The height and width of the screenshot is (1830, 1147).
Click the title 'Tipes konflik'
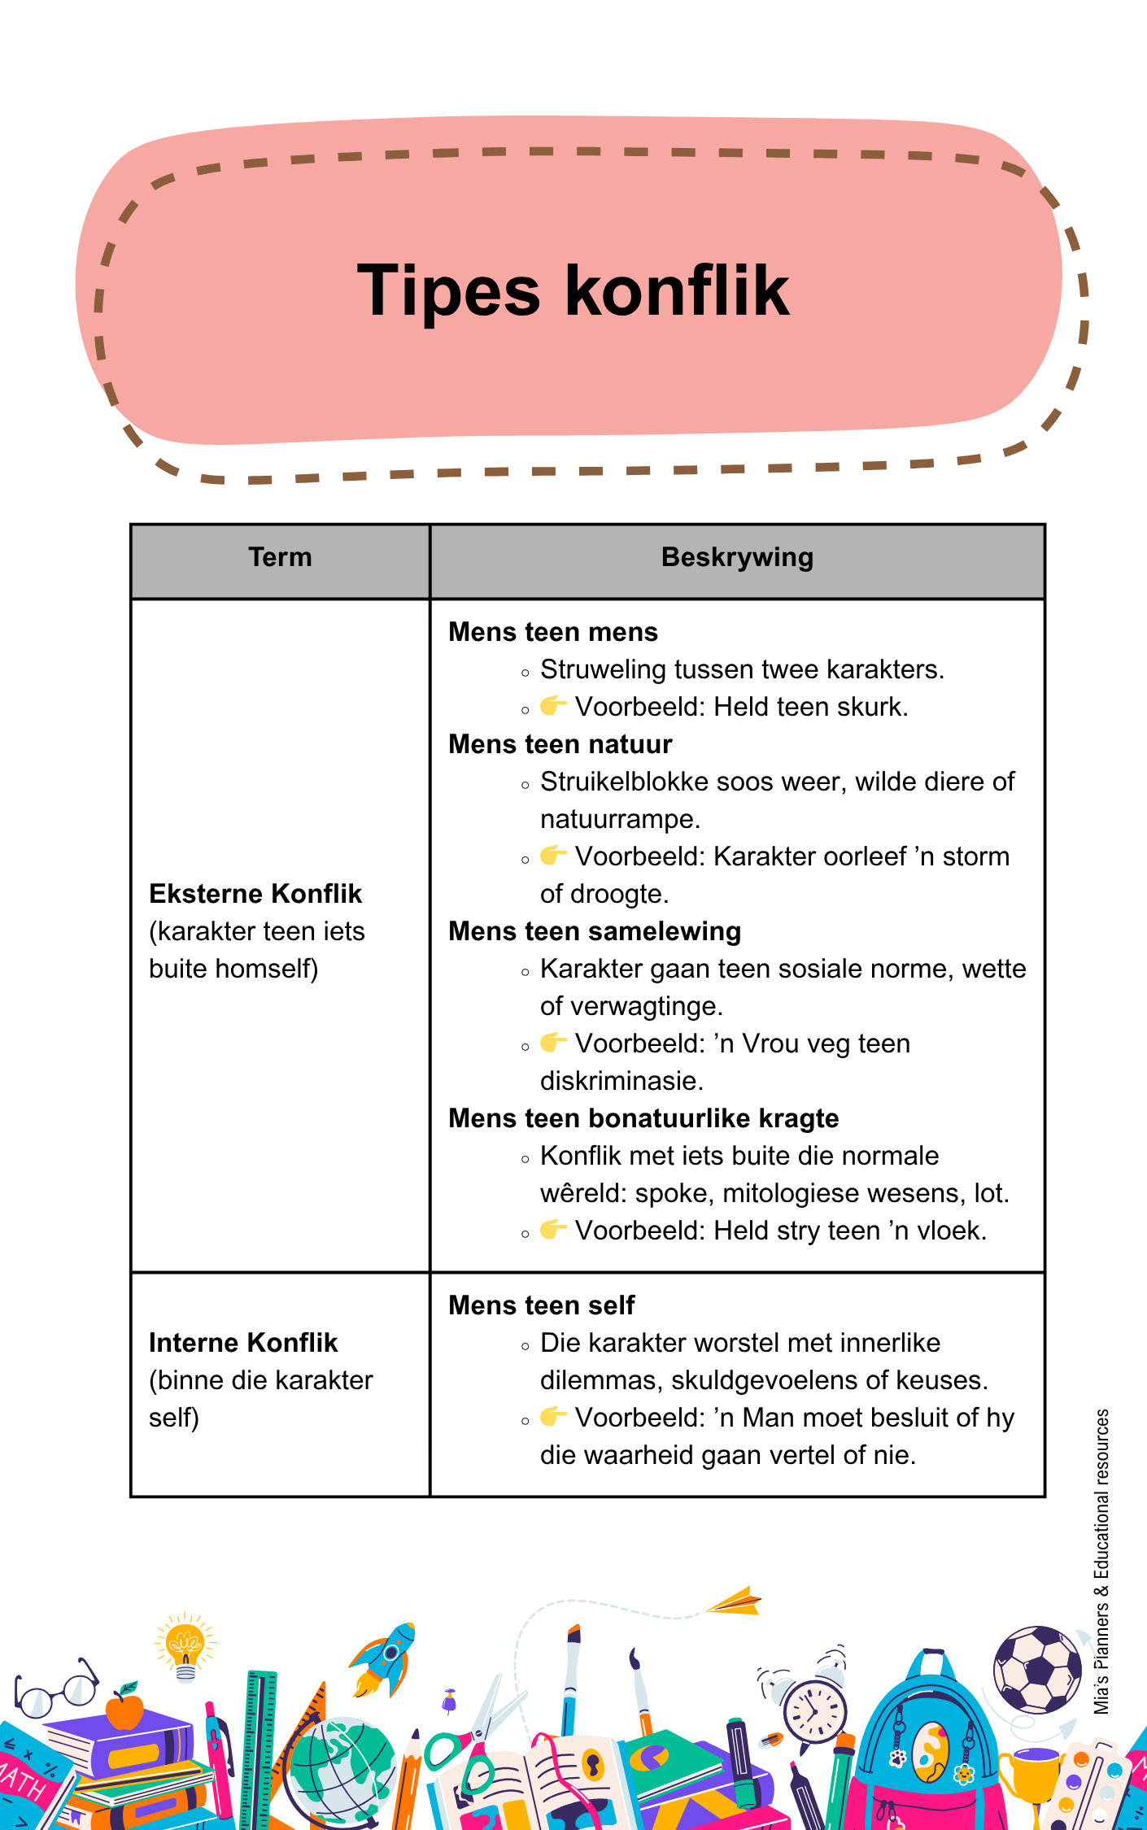click(x=573, y=291)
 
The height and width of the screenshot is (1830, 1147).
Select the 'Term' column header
click(x=280, y=557)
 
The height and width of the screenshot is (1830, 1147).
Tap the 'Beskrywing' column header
click(x=737, y=557)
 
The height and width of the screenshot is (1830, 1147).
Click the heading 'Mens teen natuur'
click(x=560, y=744)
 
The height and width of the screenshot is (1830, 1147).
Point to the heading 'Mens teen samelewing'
click(x=595, y=931)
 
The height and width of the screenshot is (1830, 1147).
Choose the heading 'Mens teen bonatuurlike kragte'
click(x=643, y=1118)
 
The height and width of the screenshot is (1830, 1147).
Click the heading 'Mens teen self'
click(x=541, y=1305)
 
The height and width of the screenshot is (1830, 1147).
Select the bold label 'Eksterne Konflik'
click(x=255, y=894)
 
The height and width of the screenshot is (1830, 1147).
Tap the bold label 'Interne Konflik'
click(x=243, y=1343)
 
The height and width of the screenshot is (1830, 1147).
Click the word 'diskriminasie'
click(x=618, y=1081)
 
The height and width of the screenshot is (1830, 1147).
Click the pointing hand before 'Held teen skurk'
click(x=553, y=705)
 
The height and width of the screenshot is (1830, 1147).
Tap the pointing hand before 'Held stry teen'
click(x=553, y=1229)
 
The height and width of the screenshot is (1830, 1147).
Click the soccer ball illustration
click(x=1037, y=1669)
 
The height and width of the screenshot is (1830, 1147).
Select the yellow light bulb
click(x=185, y=1648)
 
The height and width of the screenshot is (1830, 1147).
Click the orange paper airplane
click(x=734, y=1601)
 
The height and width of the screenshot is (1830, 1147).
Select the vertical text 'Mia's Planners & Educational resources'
click(x=1102, y=1562)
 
